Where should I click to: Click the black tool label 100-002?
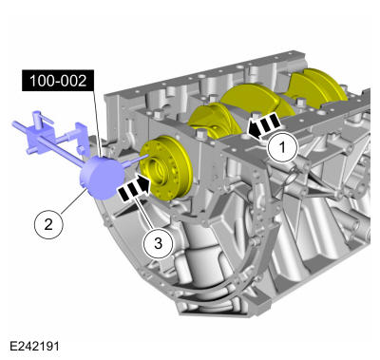(x=58, y=81)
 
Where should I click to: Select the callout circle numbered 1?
(x=283, y=148)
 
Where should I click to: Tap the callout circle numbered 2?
(x=48, y=224)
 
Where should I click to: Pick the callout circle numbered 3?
(x=158, y=243)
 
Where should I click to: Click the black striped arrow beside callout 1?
(x=263, y=126)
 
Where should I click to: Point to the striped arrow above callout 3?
(x=134, y=188)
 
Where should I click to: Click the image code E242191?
(x=34, y=346)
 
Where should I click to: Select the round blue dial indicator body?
(x=103, y=178)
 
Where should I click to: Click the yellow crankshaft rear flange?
(x=166, y=168)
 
